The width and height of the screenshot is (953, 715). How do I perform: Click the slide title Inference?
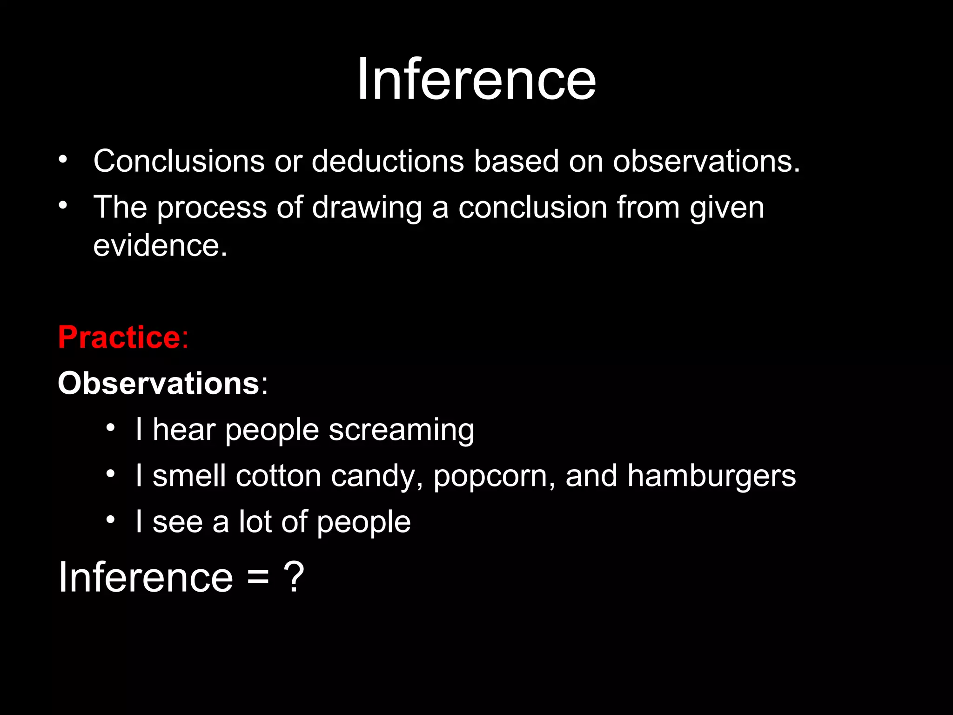(x=476, y=79)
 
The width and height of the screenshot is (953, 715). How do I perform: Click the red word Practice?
(x=119, y=337)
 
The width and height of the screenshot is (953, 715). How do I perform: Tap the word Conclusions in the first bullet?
(x=179, y=161)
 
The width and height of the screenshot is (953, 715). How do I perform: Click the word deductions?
(x=388, y=161)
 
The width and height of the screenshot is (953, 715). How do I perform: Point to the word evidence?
(x=160, y=245)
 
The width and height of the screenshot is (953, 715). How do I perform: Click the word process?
(x=212, y=208)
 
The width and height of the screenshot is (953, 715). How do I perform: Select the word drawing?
(x=367, y=208)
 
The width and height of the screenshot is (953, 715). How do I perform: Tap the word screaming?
(x=402, y=430)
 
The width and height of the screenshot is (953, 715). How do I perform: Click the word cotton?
(x=278, y=476)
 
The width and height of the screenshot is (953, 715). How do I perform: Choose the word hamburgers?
(x=711, y=476)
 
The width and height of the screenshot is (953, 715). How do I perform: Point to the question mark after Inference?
(x=294, y=577)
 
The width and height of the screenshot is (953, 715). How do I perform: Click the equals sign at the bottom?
(x=258, y=578)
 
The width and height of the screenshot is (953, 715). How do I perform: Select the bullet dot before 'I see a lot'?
(x=110, y=520)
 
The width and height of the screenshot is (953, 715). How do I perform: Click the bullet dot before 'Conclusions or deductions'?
(x=63, y=160)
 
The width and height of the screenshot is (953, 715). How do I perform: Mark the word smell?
(x=189, y=476)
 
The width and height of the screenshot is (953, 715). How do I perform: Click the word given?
(x=727, y=208)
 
